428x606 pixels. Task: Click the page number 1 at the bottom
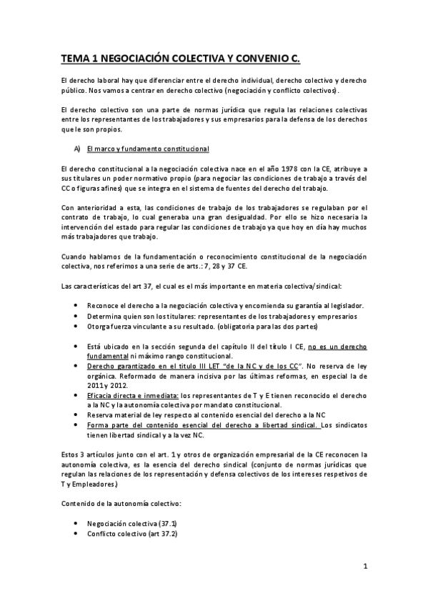point(364,567)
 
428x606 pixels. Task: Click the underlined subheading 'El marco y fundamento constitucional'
point(147,149)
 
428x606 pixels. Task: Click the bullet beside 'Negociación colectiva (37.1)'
point(76,523)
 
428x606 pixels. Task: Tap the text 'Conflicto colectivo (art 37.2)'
point(132,533)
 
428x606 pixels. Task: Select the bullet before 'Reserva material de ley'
point(76,414)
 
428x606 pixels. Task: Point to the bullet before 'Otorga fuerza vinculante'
point(76,326)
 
